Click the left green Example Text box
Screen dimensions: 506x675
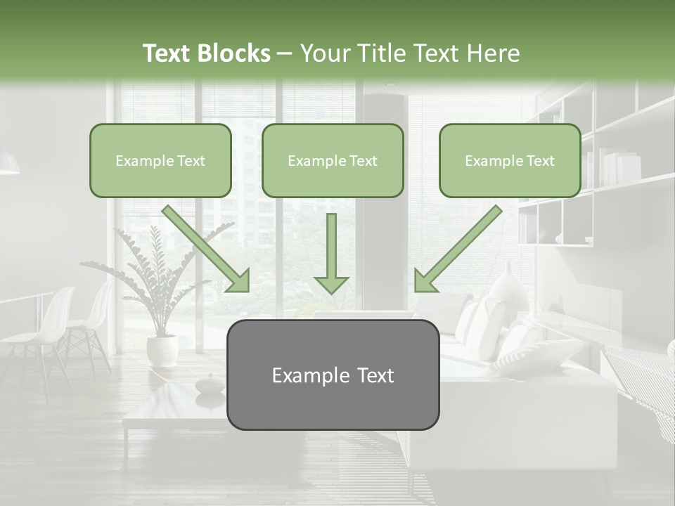tap(160, 161)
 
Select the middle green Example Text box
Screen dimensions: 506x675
tap(333, 161)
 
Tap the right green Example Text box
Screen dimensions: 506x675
tap(510, 161)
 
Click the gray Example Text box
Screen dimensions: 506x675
tap(333, 375)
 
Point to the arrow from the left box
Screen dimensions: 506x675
tap(205, 248)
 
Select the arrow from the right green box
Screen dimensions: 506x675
tap(458, 248)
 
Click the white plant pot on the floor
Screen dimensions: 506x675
tap(162, 349)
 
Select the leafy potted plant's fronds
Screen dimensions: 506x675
tap(158, 274)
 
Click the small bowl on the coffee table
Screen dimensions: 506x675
tap(209, 385)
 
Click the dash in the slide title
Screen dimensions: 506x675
tap(285, 54)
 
